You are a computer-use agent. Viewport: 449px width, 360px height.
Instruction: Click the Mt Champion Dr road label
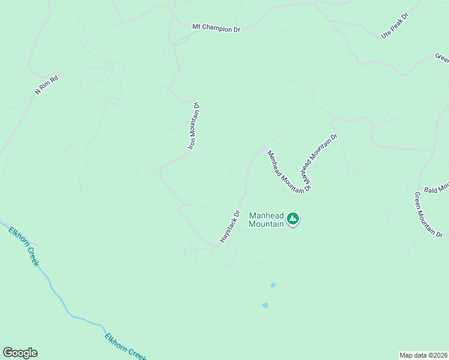click(x=215, y=28)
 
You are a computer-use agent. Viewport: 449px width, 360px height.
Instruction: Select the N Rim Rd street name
click(x=47, y=84)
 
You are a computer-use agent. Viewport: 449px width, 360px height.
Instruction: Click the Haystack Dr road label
click(x=229, y=226)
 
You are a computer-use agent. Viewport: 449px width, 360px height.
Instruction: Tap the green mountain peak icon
click(x=293, y=219)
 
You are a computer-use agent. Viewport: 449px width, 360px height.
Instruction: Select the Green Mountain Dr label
click(x=429, y=214)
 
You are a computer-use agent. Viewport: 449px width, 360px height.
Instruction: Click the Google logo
click(x=20, y=353)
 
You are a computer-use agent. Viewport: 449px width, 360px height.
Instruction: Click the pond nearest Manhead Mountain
click(x=273, y=285)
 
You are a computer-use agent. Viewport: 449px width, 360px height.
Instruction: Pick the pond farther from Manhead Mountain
click(x=265, y=305)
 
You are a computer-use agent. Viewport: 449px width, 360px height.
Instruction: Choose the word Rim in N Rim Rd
click(x=47, y=84)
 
